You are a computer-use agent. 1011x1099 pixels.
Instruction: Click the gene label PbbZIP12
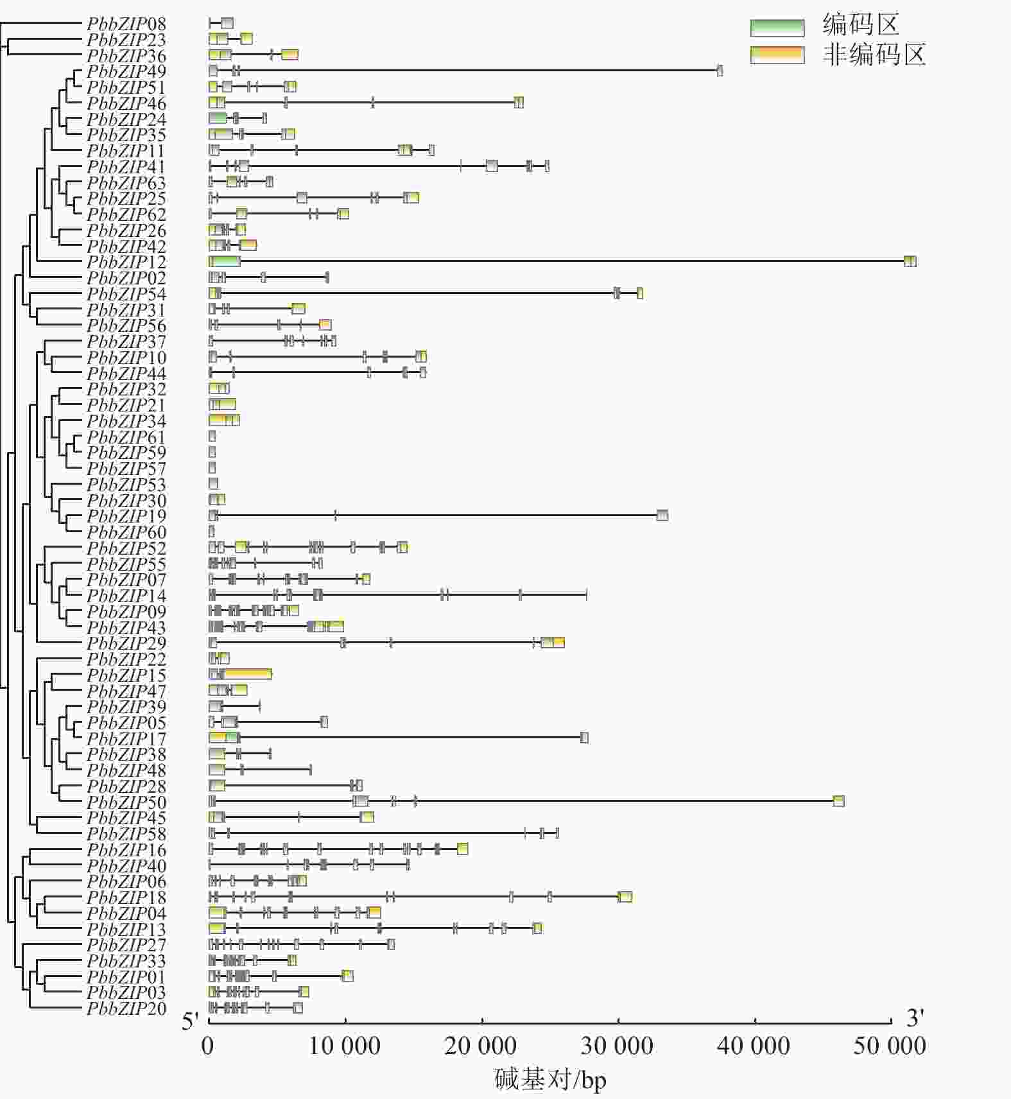click(126, 262)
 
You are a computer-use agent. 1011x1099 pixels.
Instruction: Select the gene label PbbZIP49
click(126, 71)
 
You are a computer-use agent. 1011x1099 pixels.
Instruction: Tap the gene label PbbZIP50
click(126, 802)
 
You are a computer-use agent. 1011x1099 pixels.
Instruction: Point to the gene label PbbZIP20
click(126, 1008)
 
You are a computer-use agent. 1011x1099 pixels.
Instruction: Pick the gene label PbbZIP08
click(126, 24)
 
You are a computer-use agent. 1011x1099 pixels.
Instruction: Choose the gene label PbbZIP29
click(126, 643)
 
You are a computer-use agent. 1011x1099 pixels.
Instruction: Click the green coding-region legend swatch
click(777, 28)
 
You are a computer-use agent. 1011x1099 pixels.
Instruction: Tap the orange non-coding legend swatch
click(777, 55)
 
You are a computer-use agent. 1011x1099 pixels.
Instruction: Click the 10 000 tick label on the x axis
click(345, 1046)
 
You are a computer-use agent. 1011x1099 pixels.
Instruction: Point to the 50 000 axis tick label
click(890, 1046)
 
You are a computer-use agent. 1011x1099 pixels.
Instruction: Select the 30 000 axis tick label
click(618, 1046)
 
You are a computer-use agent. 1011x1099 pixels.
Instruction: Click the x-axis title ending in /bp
click(550, 1080)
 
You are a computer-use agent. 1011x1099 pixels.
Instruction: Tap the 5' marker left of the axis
click(191, 1021)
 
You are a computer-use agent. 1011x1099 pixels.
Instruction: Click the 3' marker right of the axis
click(915, 1018)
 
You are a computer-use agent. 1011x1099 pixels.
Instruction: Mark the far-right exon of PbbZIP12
click(910, 261)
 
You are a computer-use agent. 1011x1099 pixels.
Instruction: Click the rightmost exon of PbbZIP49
click(720, 71)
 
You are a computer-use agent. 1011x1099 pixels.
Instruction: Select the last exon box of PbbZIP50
click(838, 801)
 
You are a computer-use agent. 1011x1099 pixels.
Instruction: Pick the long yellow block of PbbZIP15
click(247, 674)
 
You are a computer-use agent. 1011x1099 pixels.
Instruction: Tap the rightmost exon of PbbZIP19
click(662, 515)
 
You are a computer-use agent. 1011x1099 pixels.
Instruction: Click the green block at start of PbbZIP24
click(218, 118)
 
